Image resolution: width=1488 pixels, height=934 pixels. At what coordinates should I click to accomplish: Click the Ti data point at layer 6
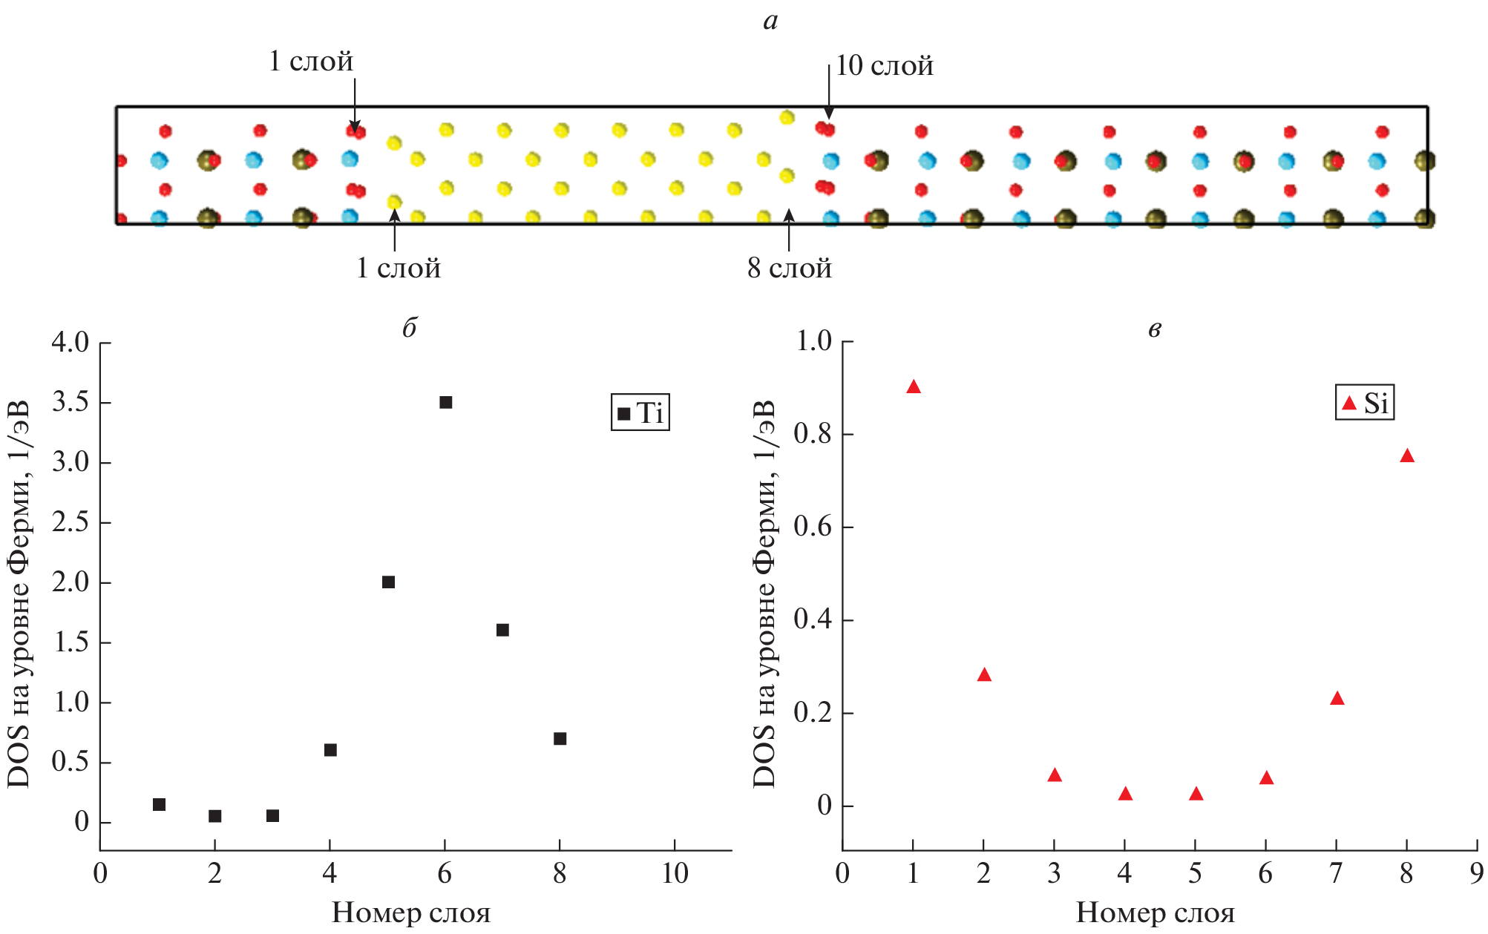pos(445,403)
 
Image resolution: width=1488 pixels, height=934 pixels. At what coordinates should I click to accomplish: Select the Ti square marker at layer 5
pos(388,582)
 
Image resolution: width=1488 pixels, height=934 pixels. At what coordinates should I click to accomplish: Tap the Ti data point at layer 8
pos(560,739)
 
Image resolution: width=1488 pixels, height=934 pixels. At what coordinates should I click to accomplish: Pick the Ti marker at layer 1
pos(159,805)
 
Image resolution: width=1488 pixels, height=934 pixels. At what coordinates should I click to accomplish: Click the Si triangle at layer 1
pos(914,387)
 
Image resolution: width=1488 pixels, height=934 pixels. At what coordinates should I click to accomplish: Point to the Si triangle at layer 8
pos(1407,456)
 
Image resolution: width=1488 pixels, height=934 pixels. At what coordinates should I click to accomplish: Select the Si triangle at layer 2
pos(984,675)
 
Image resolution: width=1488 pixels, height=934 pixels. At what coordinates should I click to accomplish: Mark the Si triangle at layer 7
pos(1337,699)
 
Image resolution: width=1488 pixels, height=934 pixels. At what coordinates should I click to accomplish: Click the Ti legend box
pos(640,412)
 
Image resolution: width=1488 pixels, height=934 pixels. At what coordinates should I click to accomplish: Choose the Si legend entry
pos(1365,403)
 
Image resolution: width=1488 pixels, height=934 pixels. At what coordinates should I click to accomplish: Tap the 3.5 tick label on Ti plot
pos(71,403)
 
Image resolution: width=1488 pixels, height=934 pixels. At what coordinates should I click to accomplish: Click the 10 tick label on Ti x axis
pos(675,874)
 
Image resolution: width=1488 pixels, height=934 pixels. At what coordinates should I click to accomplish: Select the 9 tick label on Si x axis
pos(1477,874)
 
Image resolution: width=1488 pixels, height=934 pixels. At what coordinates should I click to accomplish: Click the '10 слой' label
pos(885,66)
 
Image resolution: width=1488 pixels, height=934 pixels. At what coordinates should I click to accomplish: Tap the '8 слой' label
pos(790,269)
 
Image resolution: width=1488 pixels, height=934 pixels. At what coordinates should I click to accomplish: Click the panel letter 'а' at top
pos(770,20)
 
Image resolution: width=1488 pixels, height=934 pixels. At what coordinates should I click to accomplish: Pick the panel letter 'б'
pos(410,327)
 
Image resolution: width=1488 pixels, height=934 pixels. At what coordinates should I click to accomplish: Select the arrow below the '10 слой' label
pos(829,93)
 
